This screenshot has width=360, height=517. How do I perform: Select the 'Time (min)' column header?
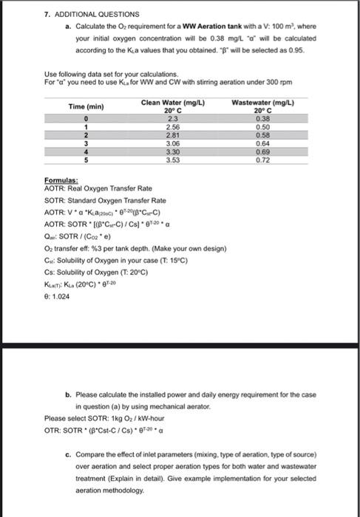click(x=86, y=107)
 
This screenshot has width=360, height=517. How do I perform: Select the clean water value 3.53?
click(x=172, y=160)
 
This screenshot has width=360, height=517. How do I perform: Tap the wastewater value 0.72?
click(x=262, y=160)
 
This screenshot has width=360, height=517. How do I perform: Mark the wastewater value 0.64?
click(x=262, y=145)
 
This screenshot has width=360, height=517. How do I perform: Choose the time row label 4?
click(x=86, y=152)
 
